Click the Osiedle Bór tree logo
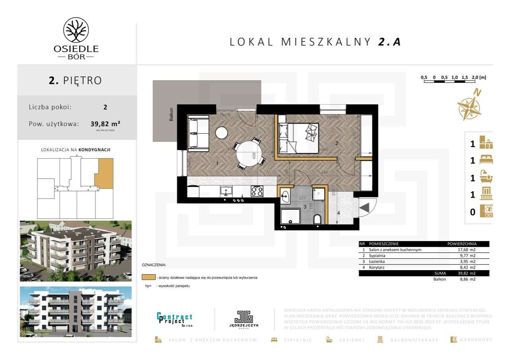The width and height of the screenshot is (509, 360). pyautogui.click(x=76, y=30)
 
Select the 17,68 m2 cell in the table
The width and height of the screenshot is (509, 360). pyautogui.click(x=466, y=250)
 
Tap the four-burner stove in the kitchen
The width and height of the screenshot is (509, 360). pyautogui.click(x=256, y=191)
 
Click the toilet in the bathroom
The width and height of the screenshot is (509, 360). pyautogui.click(x=317, y=219)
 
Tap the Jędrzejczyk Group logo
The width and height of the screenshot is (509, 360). pyautogui.click(x=244, y=319)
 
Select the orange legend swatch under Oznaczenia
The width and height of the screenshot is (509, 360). pyautogui.click(x=148, y=277)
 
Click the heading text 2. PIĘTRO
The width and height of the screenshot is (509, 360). pyautogui.click(x=76, y=80)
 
